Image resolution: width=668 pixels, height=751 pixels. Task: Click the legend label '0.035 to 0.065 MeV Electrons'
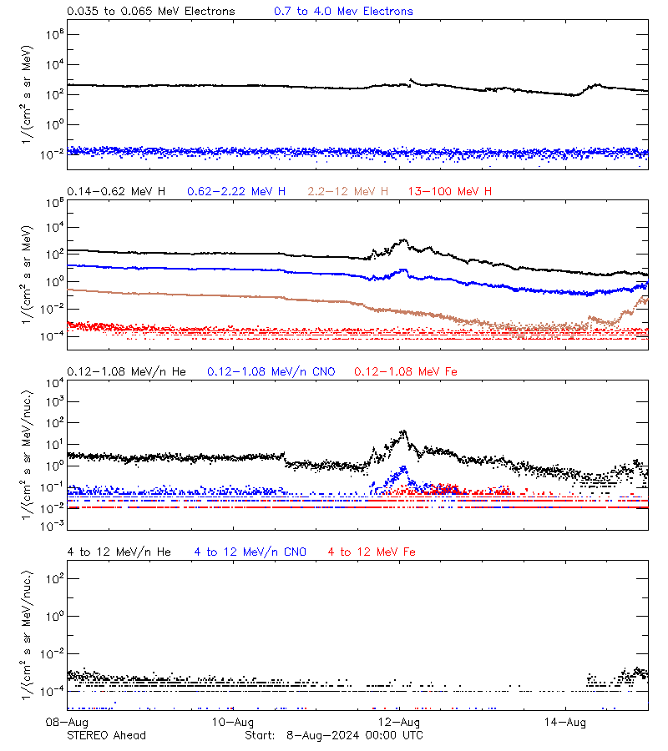150,12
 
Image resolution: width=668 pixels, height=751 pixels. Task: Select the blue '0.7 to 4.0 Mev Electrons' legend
343,12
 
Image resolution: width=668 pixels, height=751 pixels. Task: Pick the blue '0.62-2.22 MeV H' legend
236,192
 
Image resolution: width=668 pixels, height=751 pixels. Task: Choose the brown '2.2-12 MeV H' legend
348,192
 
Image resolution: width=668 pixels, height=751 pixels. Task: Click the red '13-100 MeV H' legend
450,192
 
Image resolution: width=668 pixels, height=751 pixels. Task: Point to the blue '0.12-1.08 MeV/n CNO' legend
271,371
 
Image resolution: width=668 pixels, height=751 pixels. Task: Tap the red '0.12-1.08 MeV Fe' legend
405,371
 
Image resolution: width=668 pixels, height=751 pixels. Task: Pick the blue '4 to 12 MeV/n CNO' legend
250,552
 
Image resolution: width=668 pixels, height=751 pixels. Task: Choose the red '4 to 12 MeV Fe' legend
372,552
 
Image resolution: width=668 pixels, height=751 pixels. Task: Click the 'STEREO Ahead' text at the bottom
106,735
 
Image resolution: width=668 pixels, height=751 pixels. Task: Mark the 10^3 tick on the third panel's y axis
52,401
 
